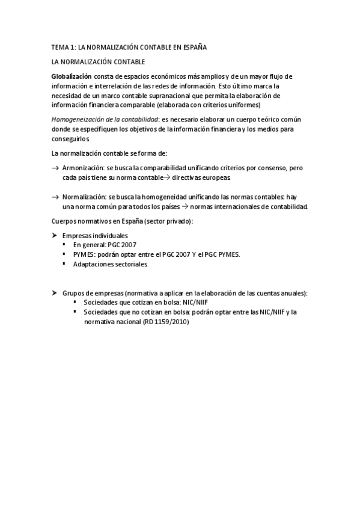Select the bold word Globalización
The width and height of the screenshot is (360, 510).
[72, 76]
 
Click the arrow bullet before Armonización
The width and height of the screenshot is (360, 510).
[55, 168]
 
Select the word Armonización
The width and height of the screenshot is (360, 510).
[83, 168]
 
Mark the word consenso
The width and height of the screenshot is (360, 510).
[271, 168]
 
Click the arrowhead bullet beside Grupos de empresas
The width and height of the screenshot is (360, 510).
[55, 292]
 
